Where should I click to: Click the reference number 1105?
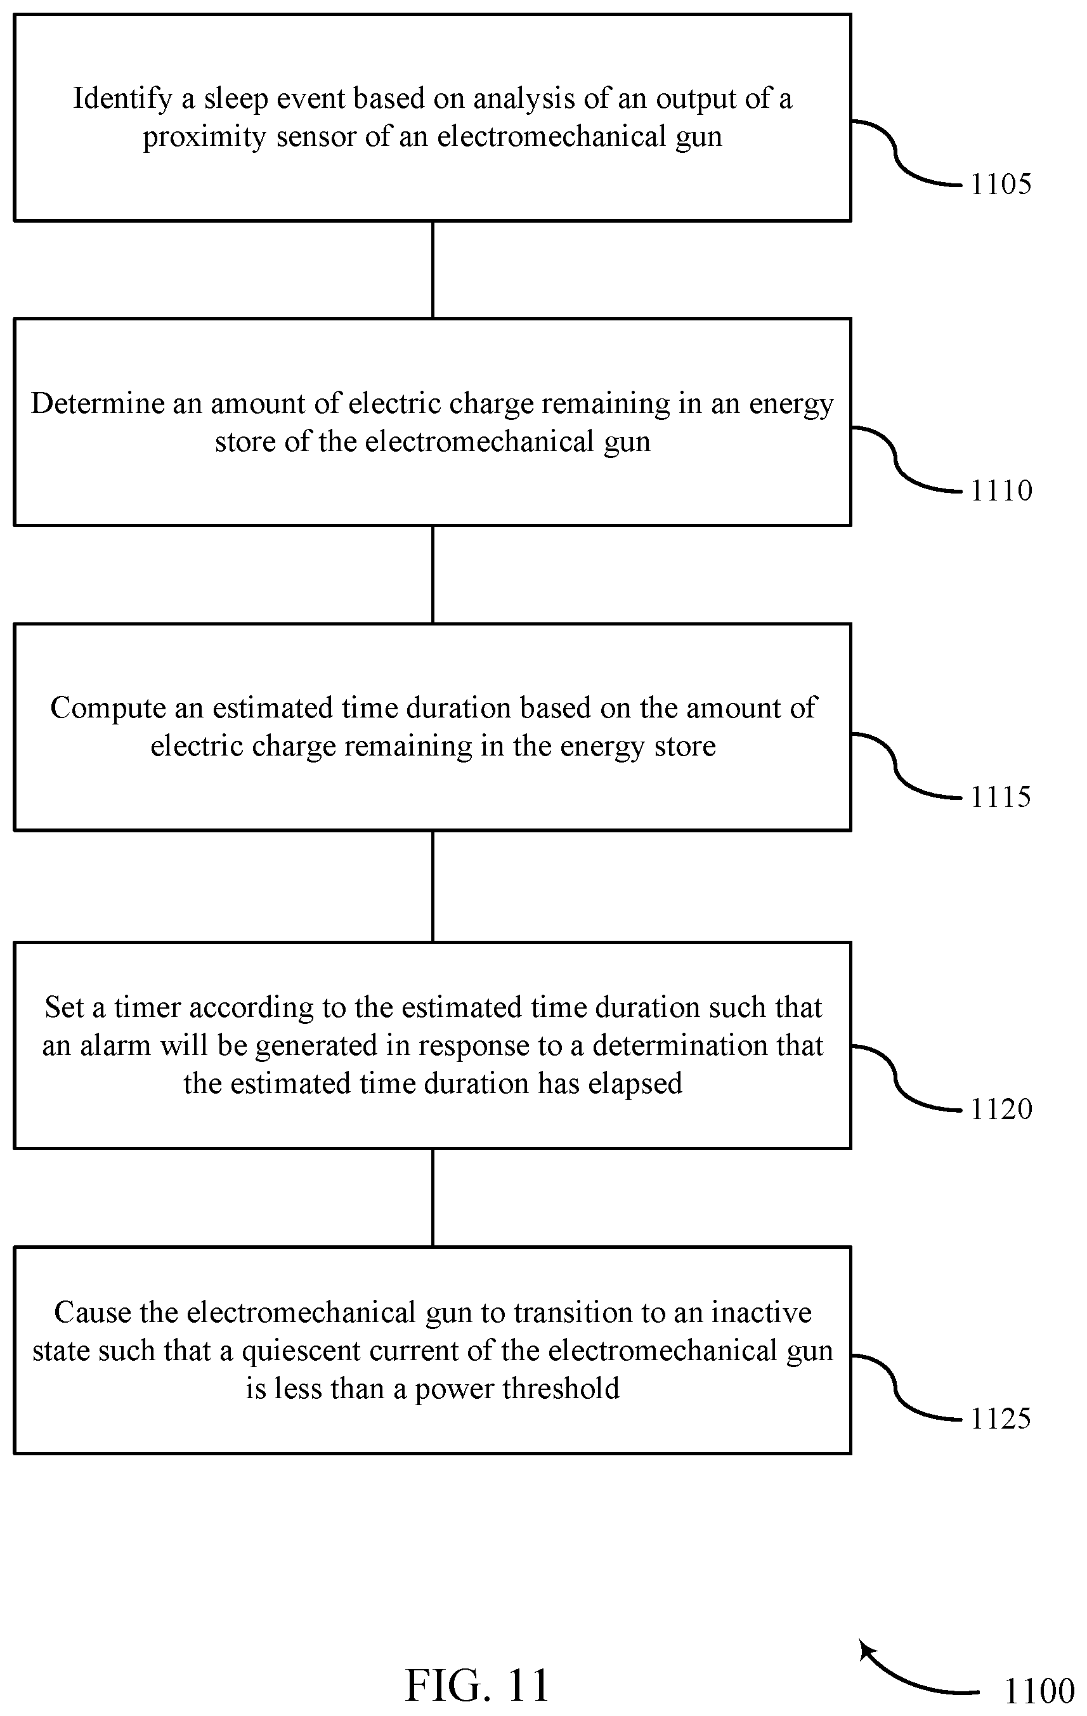pyautogui.click(x=1001, y=185)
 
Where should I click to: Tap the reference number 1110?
pyautogui.click(x=1001, y=491)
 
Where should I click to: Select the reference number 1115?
pyautogui.click(x=1001, y=797)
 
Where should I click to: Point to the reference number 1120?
pyautogui.click(x=1001, y=1110)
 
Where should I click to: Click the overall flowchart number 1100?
pyautogui.click(x=1039, y=1691)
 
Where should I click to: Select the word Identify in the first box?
pyautogui.click(x=122, y=99)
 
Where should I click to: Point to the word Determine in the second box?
pyautogui.click(x=98, y=404)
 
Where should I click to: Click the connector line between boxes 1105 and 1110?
pyautogui.click(x=433, y=270)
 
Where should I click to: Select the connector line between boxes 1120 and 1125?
pyautogui.click(x=433, y=1198)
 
